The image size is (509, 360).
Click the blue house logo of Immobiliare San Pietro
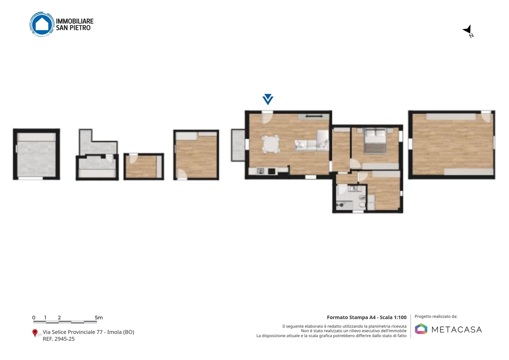[x=42, y=24]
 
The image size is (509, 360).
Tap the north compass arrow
[x=467, y=30]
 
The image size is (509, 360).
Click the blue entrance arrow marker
[x=268, y=99]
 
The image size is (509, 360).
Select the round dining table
[x=271, y=144]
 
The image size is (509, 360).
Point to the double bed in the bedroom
[x=375, y=141]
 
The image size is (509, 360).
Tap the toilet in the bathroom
[x=363, y=205]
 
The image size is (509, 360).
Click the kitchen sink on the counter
[x=261, y=171]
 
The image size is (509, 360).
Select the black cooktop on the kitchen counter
[x=272, y=171]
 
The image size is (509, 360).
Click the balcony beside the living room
[x=238, y=145]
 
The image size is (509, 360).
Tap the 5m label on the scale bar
[x=99, y=318]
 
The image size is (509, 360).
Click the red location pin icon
[x=35, y=333]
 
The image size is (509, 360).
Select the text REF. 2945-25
[x=59, y=339]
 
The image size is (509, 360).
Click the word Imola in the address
[x=114, y=332]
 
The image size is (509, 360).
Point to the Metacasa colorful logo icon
[x=421, y=329]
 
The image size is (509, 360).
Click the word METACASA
[x=457, y=330]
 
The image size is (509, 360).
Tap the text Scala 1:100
[x=393, y=317]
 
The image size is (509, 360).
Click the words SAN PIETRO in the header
[x=73, y=28]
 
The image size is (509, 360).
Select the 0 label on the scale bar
[x=34, y=318]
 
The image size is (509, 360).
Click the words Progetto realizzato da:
[x=436, y=317]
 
